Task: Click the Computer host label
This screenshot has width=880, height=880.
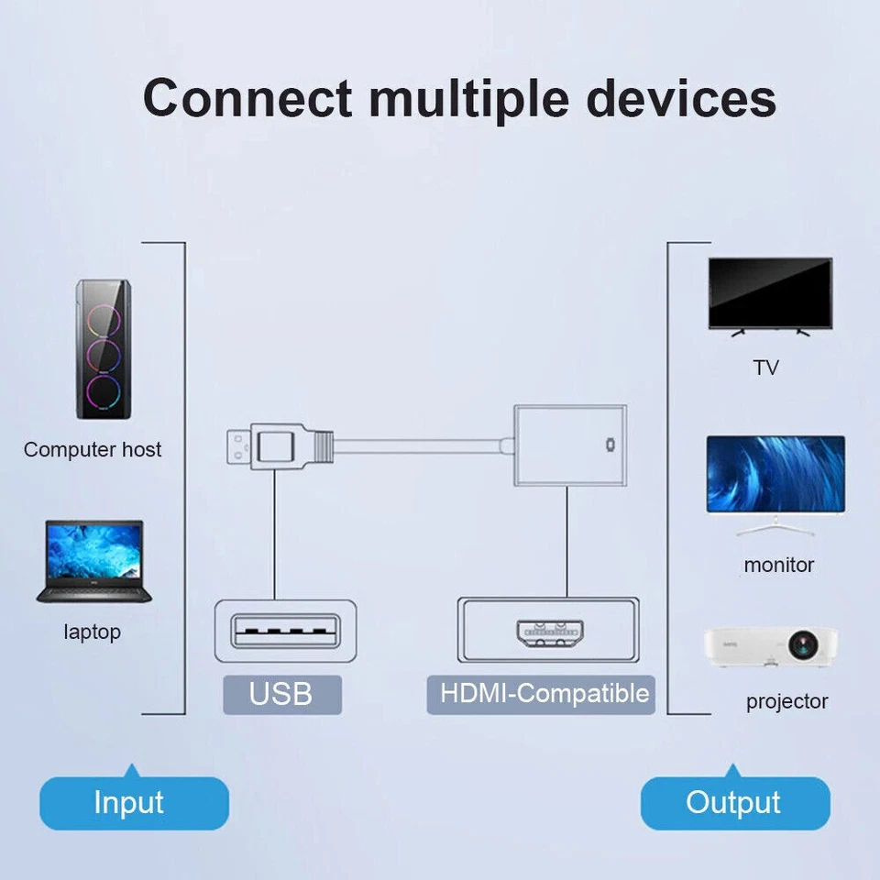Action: pyautogui.click(x=93, y=449)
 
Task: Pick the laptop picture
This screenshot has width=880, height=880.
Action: pyautogui.click(x=91, y=561)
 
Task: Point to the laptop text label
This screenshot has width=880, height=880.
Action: pyautogui.click(x=92, y=632)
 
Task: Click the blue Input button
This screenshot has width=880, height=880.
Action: pyautogui.click(x=129, y=802)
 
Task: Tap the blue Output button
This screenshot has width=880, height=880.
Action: pyautogui.click(x=733, y=802)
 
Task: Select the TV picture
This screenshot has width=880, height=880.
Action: pyautogui.click(x=770, y=296)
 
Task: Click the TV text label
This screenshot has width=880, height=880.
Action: pyautogui.click(x=766, y=368)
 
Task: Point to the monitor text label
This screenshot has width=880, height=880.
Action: pyautogui.click(x=779, y=565)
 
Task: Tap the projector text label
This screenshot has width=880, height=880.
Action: pyautogui.click(x=786, y=701)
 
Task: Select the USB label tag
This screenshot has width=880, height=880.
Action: pyautogui.click(x=281, y=694)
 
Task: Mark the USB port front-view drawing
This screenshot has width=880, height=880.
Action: pyautogui.click(x=285, y=632)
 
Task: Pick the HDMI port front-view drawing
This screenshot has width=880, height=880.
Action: pyautogui.click(x=548, y=632)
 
